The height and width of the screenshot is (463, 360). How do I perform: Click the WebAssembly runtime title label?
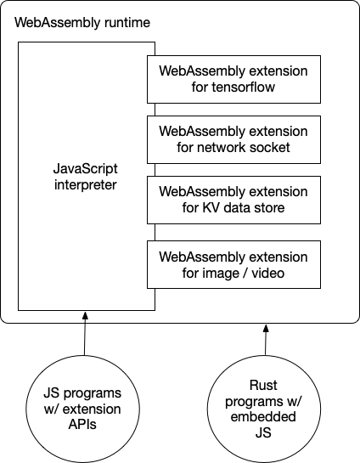[83, 20]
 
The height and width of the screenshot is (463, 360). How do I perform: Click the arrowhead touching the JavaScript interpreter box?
[84, 316]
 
